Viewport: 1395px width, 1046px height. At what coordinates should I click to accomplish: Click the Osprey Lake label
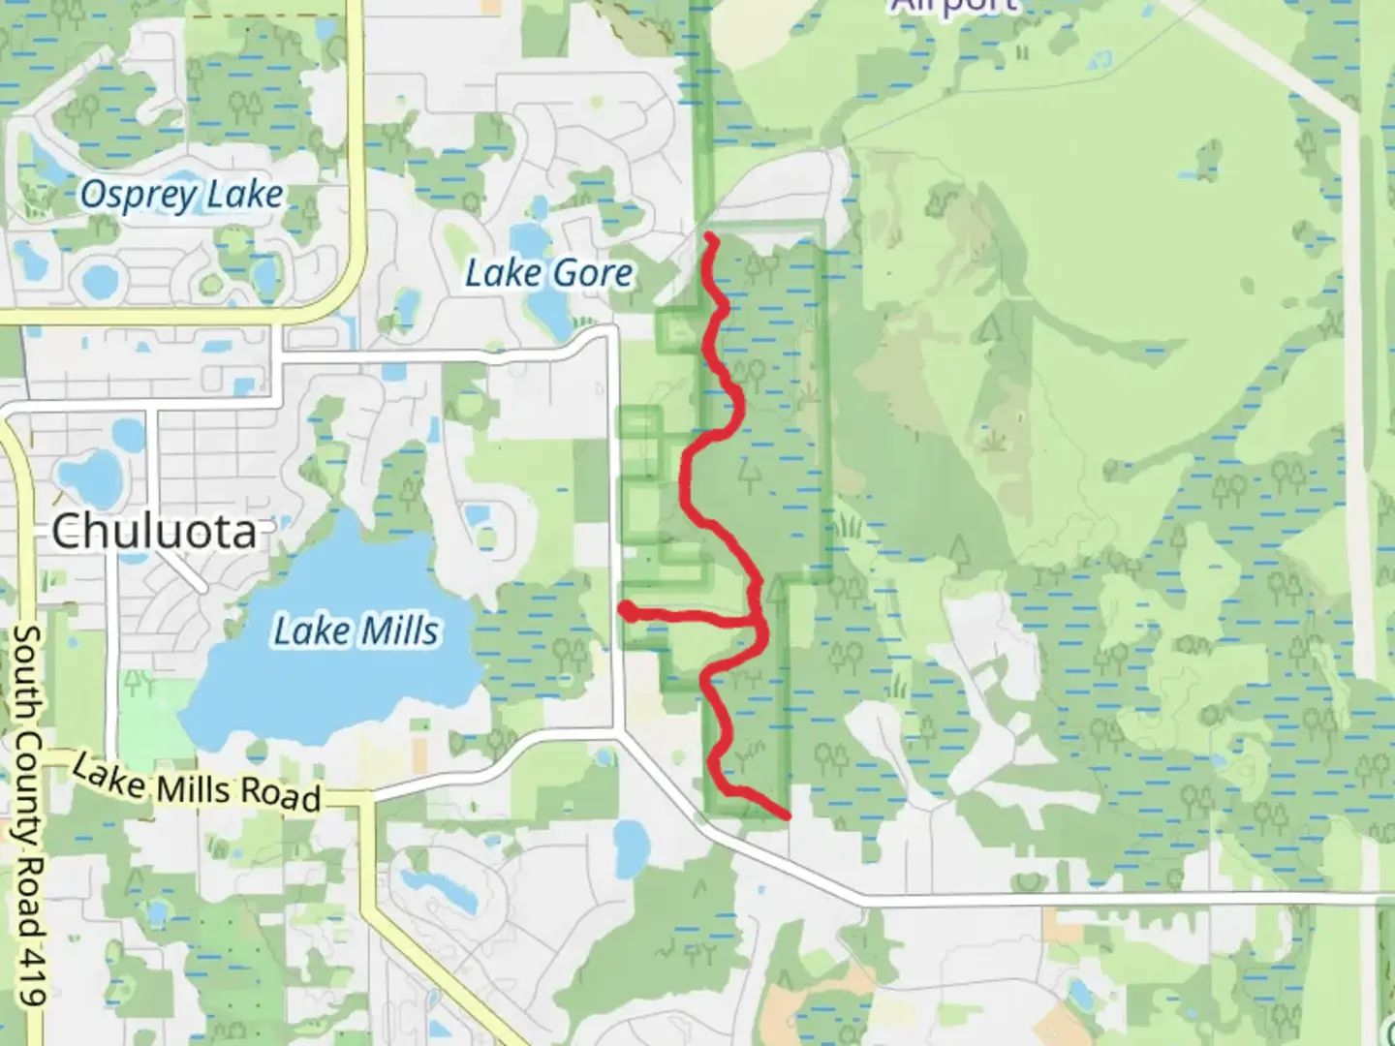[x=181, y=196]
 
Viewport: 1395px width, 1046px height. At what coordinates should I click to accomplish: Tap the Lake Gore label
[x=548, y=273]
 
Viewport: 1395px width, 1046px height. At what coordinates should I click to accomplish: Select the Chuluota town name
[x=154, y=532]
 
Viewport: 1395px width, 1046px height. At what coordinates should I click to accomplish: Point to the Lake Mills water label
[x=356, y=631]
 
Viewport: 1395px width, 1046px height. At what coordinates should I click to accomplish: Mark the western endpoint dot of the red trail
[x=627, y=610]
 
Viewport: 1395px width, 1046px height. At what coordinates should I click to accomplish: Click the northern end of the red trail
[x=710, y=236]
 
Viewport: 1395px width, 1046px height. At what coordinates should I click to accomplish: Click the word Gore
[x=593, y=273]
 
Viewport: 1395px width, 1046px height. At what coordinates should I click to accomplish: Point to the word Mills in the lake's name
[x=397, y=631]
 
